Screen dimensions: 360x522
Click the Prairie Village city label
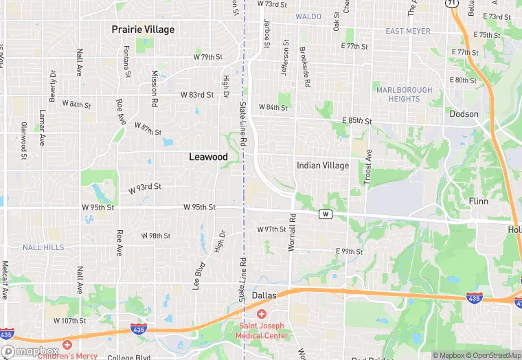(x=143, y=30)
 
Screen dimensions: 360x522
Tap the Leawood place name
(x=208, y=157)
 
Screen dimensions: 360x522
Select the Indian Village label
(x=323, y=166)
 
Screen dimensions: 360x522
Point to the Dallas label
(x=264, y=295)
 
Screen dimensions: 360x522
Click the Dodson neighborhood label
(x=464, y=114)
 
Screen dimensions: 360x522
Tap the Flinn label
(x=477, y=201)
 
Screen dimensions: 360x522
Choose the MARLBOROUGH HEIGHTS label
(x=405, y=94)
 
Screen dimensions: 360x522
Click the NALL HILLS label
(x=43, y=247)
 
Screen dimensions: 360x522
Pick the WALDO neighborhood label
(x=308, y=16)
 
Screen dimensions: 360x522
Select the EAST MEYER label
(x=408, y=32)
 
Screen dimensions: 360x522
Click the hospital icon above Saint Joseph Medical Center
(x=262, y=314)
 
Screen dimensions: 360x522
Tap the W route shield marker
(x=326, y=214)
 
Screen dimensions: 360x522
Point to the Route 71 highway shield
(x=451, y=3)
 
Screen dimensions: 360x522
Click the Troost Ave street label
(x=368, y=166)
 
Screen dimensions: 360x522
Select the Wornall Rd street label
(x=292, y=232)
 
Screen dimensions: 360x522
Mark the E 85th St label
(x=356, y=121)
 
